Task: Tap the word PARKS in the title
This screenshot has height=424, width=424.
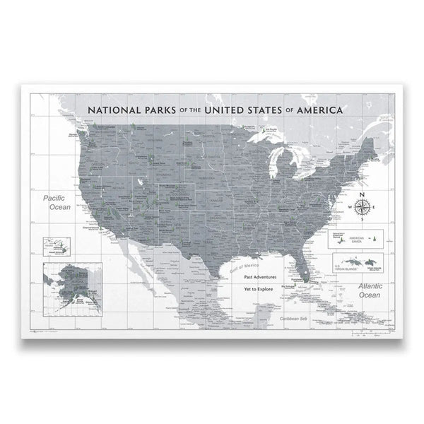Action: coord(167,110)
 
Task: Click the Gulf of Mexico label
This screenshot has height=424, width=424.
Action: coord(242,263)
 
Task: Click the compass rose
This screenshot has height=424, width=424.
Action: coord(362,206)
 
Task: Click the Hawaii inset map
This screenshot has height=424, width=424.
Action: coord(58,245)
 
